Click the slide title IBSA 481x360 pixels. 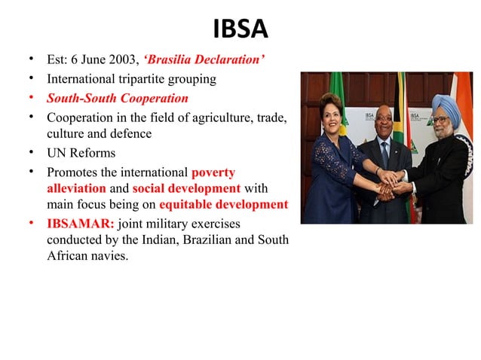240,29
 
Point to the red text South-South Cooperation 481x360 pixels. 117,99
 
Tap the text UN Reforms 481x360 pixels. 81,154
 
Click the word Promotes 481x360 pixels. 73,172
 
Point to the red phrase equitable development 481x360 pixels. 223,204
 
